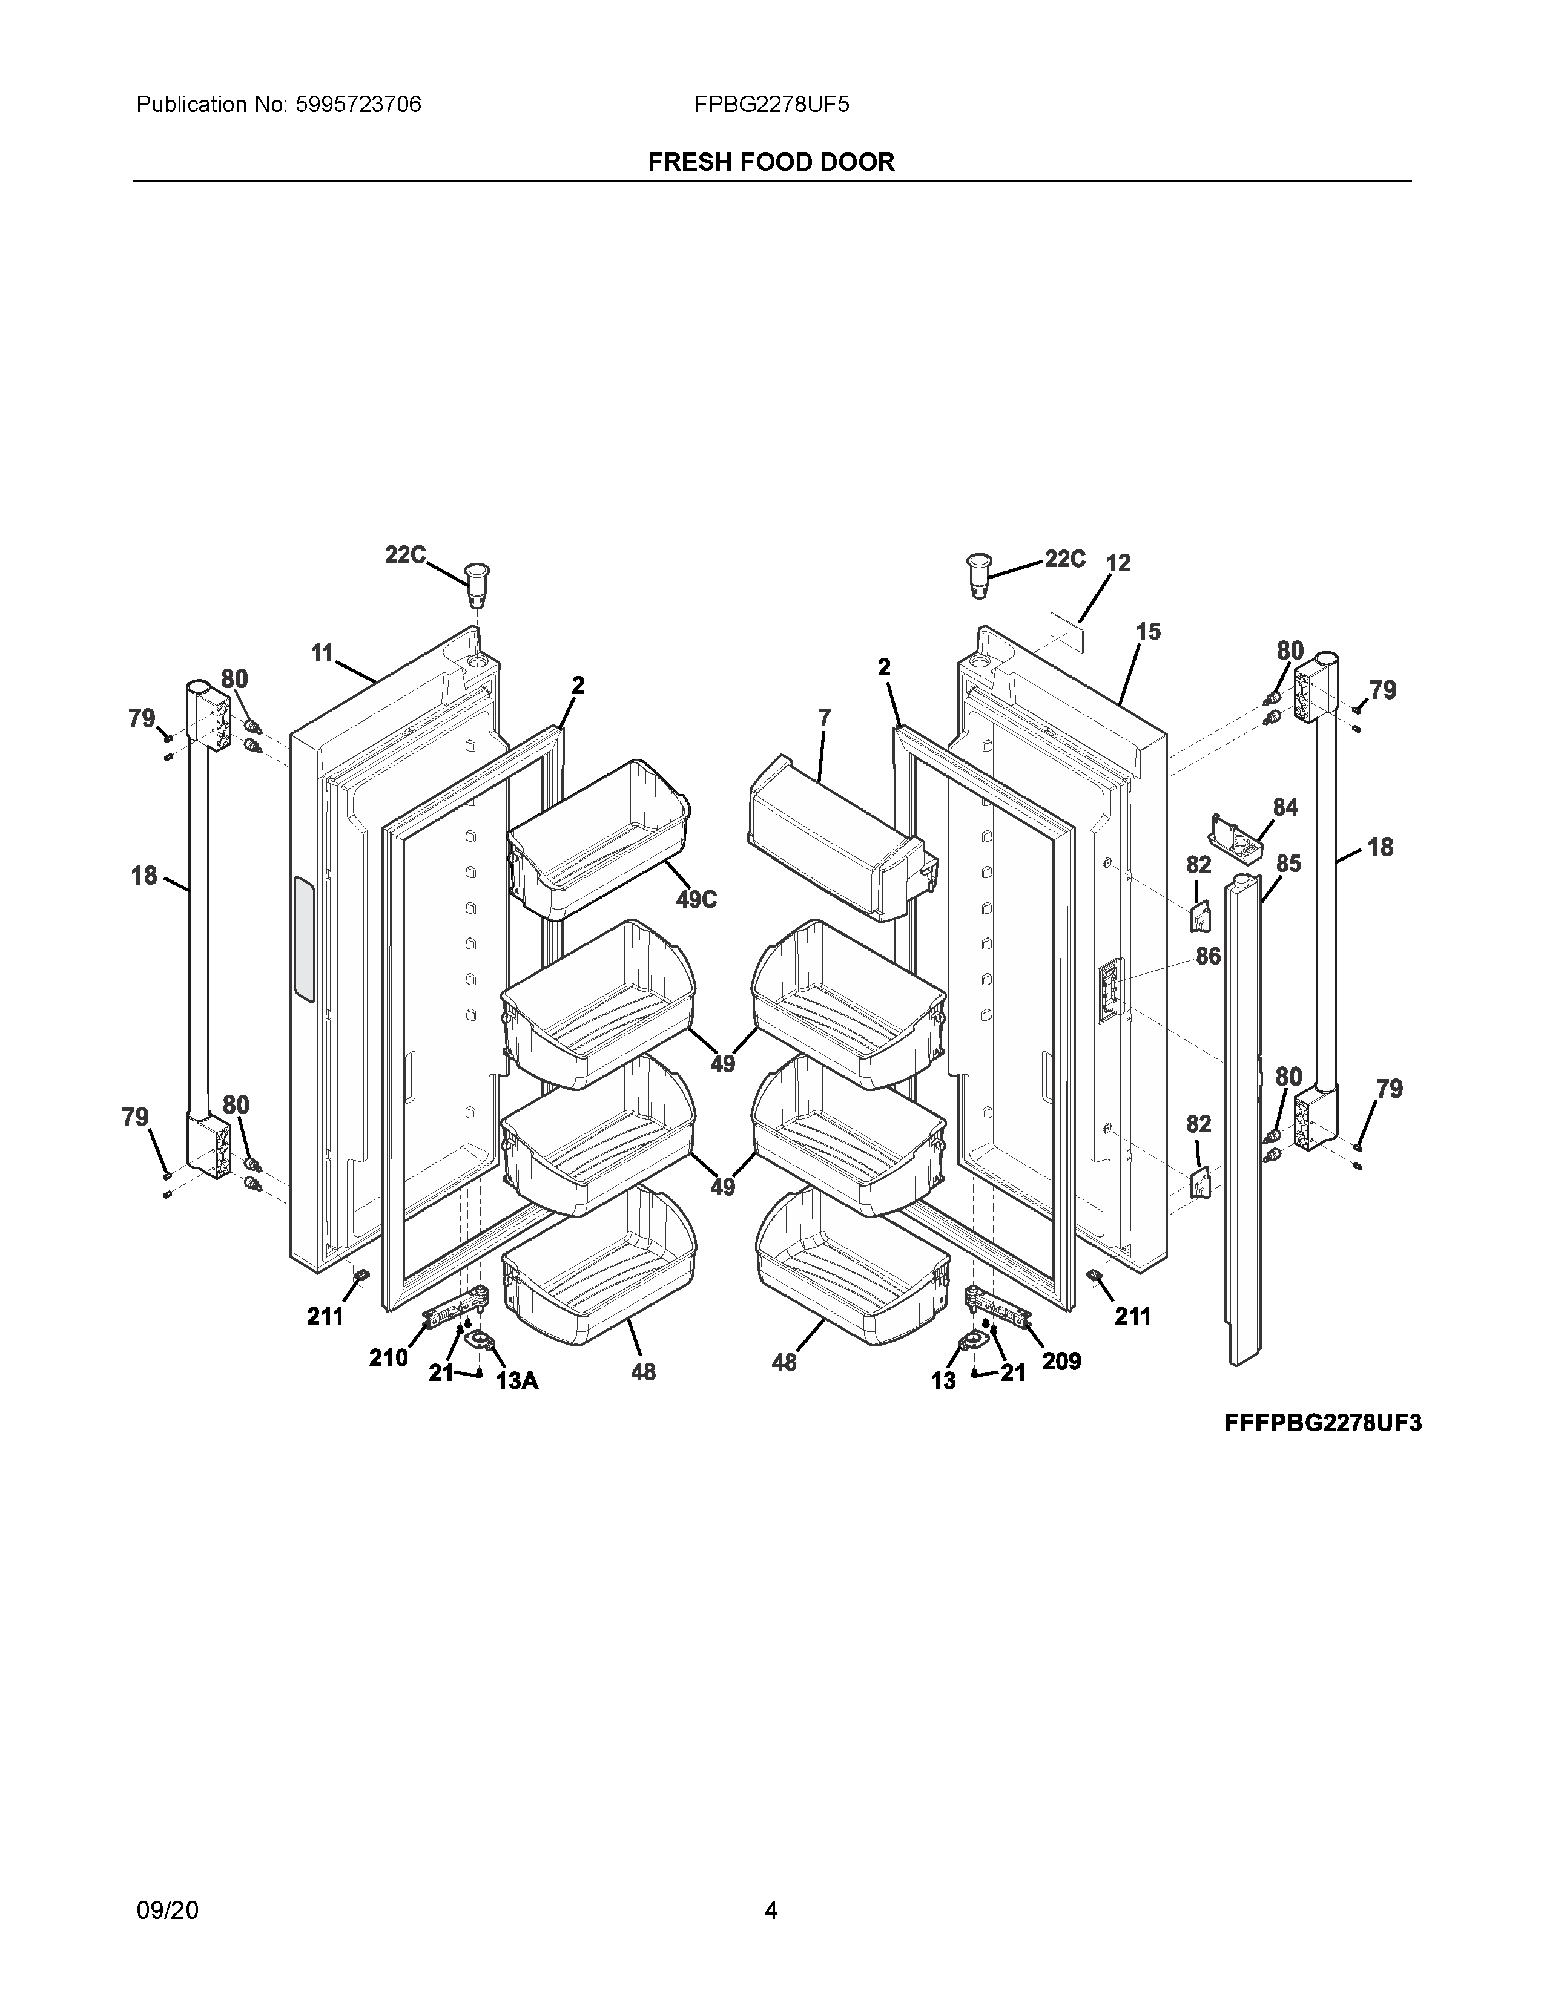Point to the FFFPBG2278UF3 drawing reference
(x=1322, y=1424)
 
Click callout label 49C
(x=696, y=900)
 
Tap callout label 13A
(x=517, y=1381)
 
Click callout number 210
(x=388, y=1358)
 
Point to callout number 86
(x=1209, y=956)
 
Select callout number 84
(x=1285, y=807)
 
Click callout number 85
(x=1288, y=863)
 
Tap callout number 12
(x=1118, y=563)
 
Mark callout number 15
(x=1148, y=631)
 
